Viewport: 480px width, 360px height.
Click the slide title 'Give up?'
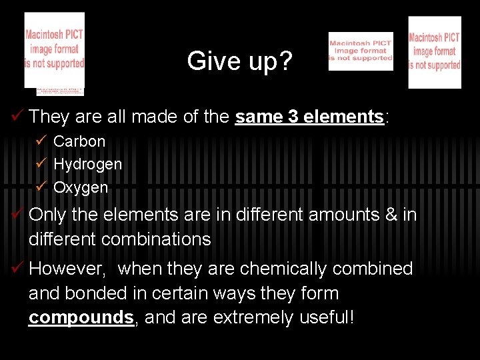pos(239,61)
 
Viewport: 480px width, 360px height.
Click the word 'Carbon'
pos(79,141)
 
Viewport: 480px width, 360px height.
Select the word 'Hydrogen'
pos(87,164)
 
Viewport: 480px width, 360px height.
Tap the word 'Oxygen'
pos(80,187)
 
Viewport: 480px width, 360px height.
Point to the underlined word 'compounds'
pos(81,317)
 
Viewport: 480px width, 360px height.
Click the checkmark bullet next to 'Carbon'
pos(42,141)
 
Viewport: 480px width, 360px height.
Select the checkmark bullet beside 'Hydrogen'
pos(42,164)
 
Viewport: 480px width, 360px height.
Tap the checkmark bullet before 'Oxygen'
pos(42,187)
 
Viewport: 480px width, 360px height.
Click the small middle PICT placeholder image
pos(361,51)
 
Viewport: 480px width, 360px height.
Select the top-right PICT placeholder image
pos(435,53)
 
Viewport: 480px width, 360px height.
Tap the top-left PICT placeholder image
pos(55,51)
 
